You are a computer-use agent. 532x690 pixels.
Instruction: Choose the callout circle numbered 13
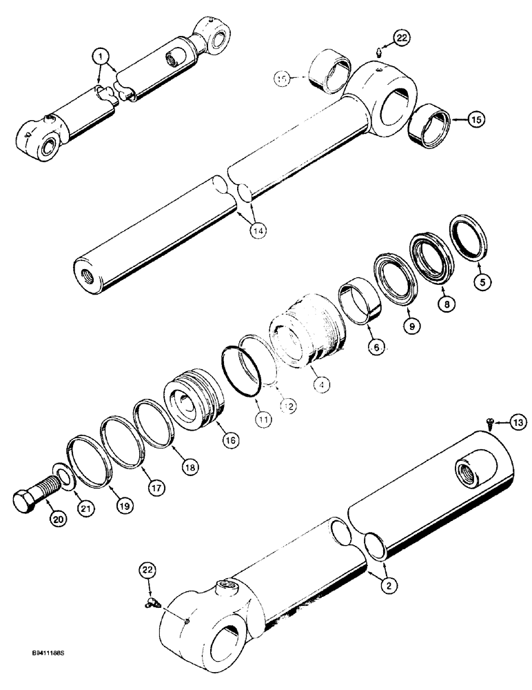518,422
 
